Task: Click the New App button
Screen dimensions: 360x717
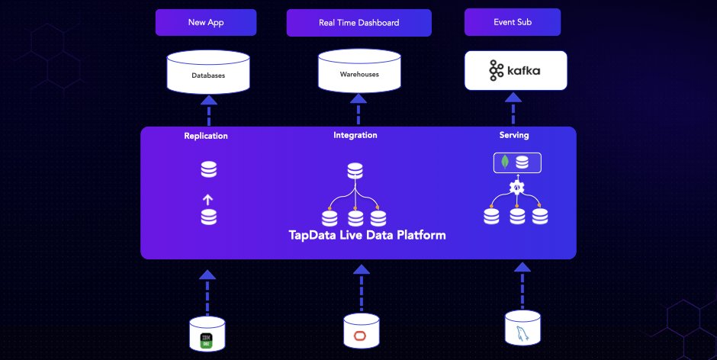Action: pos(206,22)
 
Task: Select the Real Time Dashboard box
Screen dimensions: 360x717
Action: pos(358,22)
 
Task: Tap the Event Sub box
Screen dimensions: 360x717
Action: pos(513,22)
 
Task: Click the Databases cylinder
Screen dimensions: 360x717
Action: pos(208,73)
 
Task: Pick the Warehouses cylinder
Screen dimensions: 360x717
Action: pos(358,72)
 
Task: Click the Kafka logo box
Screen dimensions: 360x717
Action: pos(516,72)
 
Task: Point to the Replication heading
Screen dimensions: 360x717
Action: pos(206,136)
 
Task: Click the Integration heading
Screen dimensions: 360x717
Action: pos(355,135)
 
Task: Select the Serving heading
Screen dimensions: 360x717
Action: pos(514,135)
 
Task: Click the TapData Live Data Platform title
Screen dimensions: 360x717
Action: pos(367,235)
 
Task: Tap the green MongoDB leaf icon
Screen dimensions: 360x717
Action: pos(504,162)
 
